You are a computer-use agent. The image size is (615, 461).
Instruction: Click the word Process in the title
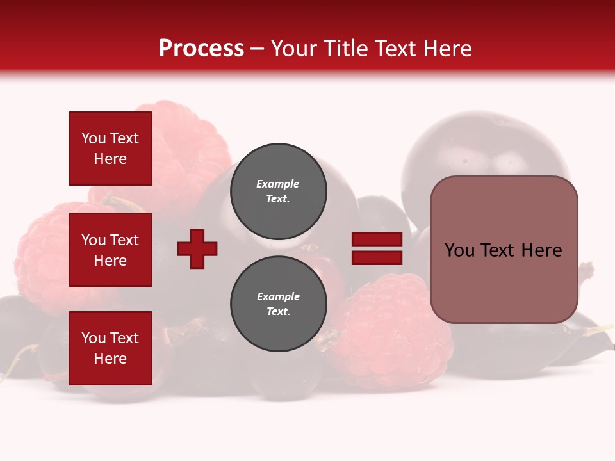click(x=201, y=49)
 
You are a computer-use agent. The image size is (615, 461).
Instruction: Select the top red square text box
click(x=110, y=149)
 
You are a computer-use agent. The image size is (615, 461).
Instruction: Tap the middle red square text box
click(x=110, y=250)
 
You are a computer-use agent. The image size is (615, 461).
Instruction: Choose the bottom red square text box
click(x=110, y=348)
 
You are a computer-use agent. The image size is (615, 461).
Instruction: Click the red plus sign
click(x=197, y=248)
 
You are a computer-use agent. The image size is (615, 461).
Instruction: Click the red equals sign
click(x=377, y=248)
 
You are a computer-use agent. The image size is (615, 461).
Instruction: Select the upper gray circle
click(x=278, y=191)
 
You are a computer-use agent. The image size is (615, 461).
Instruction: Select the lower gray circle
click(x=278, y=303)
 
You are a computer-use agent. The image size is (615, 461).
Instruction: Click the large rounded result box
click(x=504, y=250)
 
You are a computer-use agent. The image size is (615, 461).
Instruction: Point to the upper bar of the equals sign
click(x=377, y=239)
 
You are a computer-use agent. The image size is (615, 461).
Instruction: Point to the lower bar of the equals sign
click(x=377, y=258)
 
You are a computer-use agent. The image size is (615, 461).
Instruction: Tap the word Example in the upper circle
click(x=277, y=184)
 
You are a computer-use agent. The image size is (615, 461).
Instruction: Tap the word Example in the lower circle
click(x=278, y=296)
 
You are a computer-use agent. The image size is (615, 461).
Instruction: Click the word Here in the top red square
click(x=110, y=159)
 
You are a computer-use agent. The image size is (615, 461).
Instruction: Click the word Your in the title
click(x=293, y=49)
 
